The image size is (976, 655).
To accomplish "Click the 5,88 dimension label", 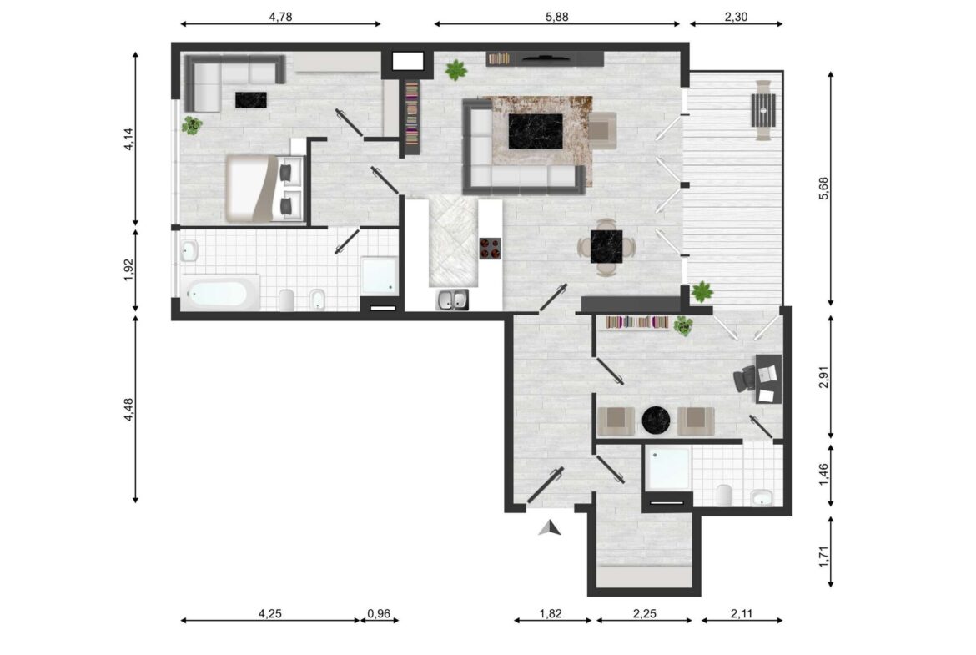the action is [556, 17].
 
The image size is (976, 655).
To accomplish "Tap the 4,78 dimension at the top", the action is [280, 17].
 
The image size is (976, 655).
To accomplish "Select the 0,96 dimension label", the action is [379, 613].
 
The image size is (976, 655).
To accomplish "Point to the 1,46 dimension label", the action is [823, 475].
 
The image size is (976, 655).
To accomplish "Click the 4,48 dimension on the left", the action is [128, 409].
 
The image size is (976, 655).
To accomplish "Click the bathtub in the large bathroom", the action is [220, 293].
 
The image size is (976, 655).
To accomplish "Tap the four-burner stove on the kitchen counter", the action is [490, 249].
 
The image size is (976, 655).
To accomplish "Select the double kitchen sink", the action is [452, 300].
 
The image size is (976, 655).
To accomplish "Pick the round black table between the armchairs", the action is [656, 421].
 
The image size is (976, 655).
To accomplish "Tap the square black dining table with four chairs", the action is [606, 246].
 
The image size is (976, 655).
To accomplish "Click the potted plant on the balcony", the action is [702, 290].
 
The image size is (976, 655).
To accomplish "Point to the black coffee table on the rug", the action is [536, 131].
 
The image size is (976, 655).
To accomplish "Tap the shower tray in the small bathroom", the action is [667, 467].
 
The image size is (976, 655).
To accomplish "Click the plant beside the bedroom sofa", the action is [192, 125].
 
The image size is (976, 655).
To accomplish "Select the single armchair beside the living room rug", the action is [602, 131].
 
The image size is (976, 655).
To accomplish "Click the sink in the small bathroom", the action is [762, 497].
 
